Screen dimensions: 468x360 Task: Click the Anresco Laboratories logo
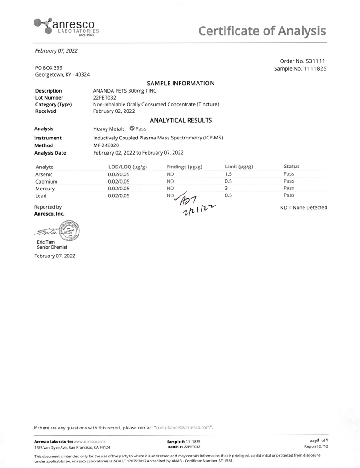pos(64,27)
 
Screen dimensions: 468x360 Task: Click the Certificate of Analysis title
pos(262,31)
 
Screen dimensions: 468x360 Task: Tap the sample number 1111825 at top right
pos(314,69)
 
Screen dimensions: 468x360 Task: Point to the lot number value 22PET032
pos(105,98)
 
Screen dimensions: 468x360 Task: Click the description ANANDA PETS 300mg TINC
pos(124,91)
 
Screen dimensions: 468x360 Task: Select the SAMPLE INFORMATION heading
pos(180,83)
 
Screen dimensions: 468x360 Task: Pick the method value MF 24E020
pos(106,145)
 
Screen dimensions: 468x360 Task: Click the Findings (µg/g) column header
pos(184,167)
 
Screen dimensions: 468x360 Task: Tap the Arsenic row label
pos(44,174)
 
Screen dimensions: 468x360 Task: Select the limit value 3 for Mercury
pos(226,188)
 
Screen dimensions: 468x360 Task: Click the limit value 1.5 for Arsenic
pos(228,174)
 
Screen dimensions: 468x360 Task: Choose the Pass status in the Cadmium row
pos(289,181)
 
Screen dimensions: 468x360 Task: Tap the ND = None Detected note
pos(304,208)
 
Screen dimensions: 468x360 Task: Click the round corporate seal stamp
pos(69,230)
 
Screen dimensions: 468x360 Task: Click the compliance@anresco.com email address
pos(184,428)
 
